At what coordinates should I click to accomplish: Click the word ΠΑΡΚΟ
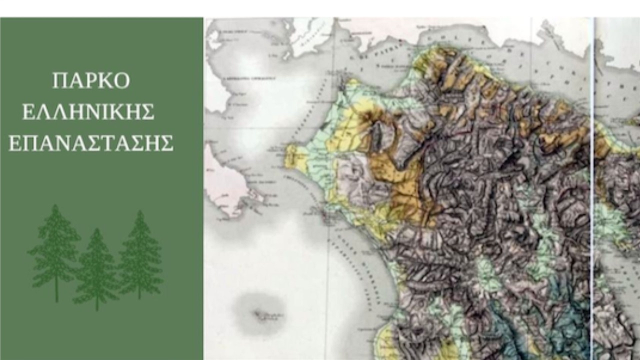click(91, 80)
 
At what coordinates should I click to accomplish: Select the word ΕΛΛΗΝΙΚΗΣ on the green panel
click(88, 112)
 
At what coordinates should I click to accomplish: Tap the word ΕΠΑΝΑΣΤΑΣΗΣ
click(91, 143)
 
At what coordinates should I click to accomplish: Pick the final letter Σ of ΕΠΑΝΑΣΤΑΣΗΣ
click(166, 143)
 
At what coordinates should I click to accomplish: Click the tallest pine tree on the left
click(55, 250)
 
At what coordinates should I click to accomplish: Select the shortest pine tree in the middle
click(96, 270)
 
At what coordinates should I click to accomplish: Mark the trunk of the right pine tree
click(139, 292)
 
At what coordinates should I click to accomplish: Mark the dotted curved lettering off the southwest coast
click(350, 250)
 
